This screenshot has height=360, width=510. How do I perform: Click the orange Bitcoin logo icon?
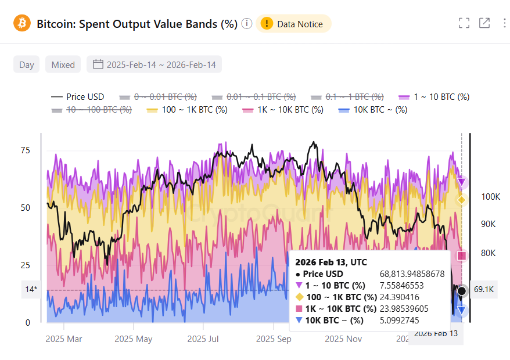pyautogui.click(x=22, y=23)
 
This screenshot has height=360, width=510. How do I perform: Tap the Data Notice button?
pyautogui.click(x=293, y=24)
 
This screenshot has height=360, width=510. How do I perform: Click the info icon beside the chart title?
pyautogui.click(x=247, y=24)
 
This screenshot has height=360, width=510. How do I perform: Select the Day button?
pyautogui.click(x=27, y=64)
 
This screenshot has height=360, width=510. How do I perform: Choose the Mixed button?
pyautogui.click(x=63, y=64)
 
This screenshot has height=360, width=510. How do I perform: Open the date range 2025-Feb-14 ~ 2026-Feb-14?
pyautogui.click(x=154, y=64)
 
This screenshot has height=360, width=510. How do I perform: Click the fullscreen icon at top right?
pyautogui.click(x=464, y=23)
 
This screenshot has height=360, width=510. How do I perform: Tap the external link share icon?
pyautogui.click(x=484, y=23)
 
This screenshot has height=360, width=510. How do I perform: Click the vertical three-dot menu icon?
pyautogui.click(x=504, y=23)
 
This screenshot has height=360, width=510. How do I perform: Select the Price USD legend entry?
pyautogui.click(x=78, y=97)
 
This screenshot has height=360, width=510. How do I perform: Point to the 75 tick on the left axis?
pyautogui.click(x=25, y=150)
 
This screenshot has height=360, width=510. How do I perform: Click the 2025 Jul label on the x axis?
pyautogui.click(x=204, y=339)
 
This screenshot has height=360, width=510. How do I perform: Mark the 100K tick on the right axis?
pyautogui.click(x=491, y=197)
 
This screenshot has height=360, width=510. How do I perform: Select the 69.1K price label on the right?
pyautogui.click(x=483, y=290)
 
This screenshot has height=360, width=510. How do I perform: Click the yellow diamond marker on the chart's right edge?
pyautogui.click(x=462, y=200)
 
